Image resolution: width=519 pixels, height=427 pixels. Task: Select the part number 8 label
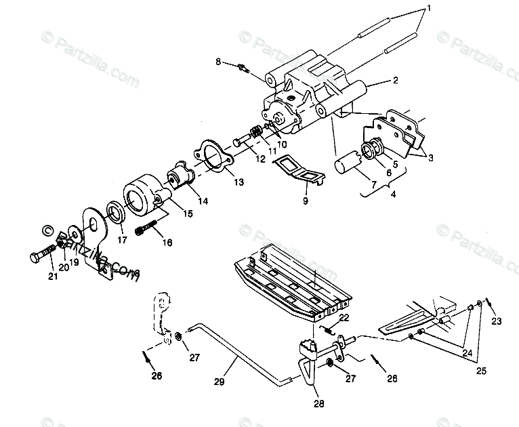coord(218,62)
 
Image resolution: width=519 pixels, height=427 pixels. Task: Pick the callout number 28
coord(319,404)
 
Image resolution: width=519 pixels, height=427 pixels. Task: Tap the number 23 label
coord(497,321)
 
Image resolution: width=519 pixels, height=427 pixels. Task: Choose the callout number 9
coord(306,201)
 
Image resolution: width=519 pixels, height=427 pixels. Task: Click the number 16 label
coord(167,242)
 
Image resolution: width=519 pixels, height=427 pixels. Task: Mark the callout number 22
coord(344,317)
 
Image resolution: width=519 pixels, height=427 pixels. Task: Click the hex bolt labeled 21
coord(42,256)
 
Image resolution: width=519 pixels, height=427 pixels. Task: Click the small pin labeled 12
coord(241,142)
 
